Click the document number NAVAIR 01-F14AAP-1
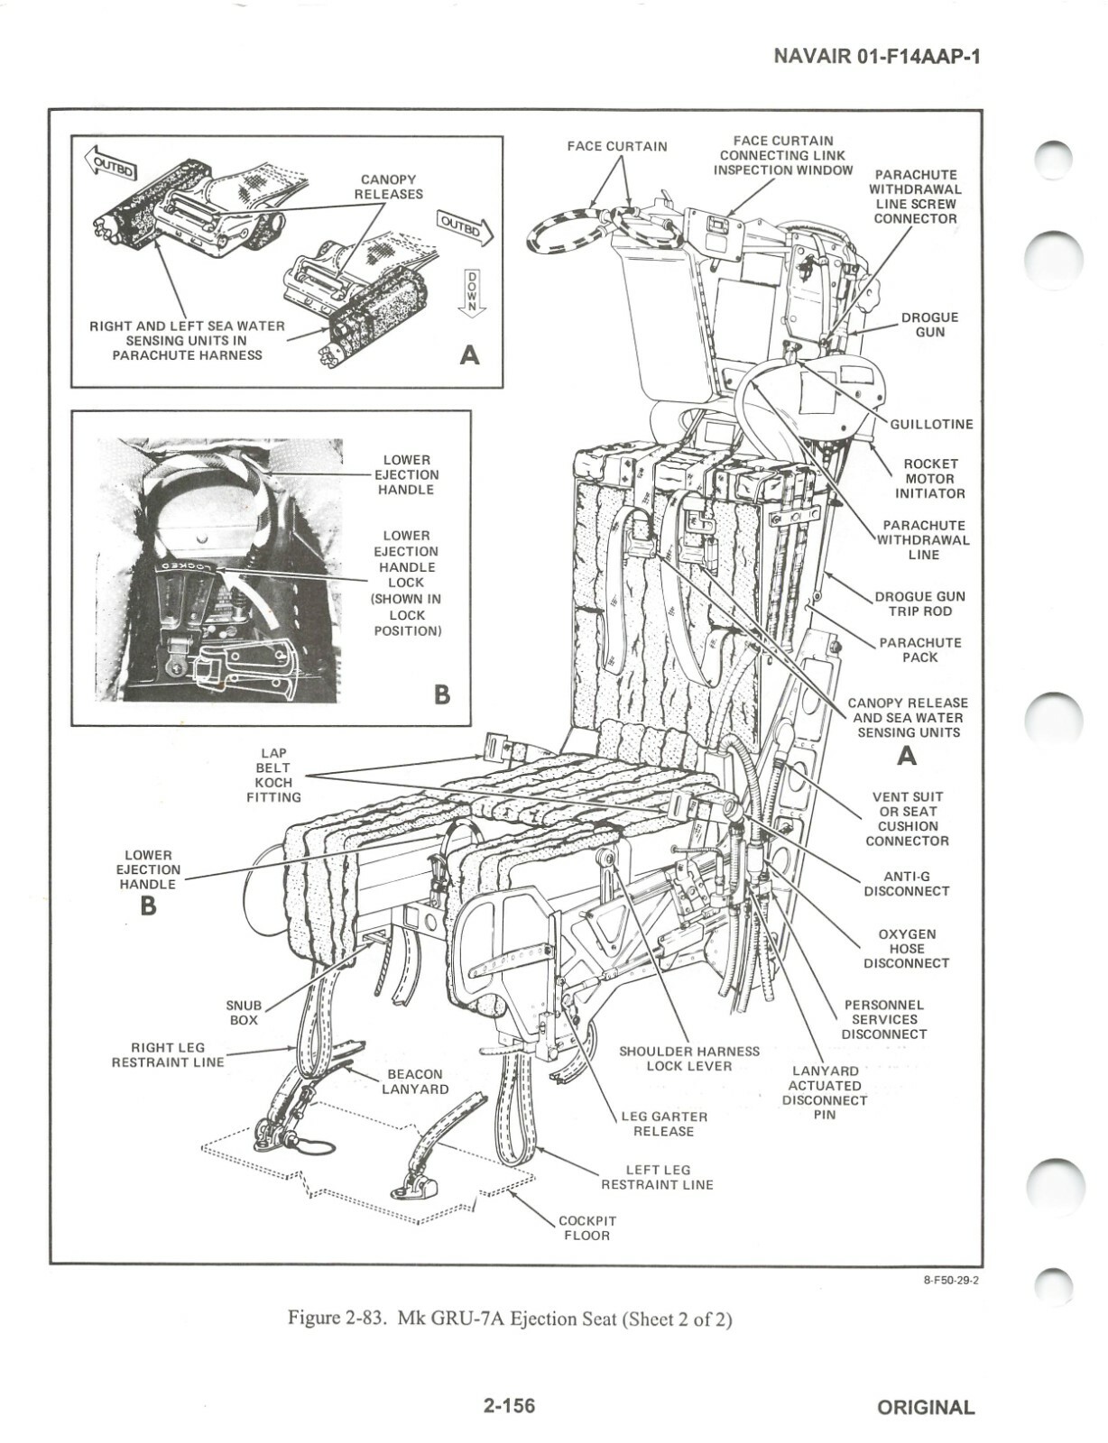coord(877,56)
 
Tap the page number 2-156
coord(509,1405)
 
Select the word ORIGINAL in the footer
coord(926,1407)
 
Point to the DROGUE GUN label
coord(929,325)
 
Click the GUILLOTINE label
coord(931,424)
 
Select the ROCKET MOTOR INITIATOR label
coord(929,479)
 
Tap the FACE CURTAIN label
coord(617,146)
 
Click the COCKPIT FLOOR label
coord(587,1227)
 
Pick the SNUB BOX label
coord(244,1012)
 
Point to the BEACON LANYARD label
coord(415,1081)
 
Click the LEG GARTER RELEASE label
coord(664,1124)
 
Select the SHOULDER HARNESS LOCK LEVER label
coord(689,1058)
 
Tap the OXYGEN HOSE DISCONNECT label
coord(907,949)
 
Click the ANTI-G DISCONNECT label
coord(907,884)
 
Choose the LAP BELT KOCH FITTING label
coord(275,776)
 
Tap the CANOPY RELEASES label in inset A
coord(388,187)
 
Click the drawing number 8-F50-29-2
coord(950,1280)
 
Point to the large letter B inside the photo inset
coord(441,694)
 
